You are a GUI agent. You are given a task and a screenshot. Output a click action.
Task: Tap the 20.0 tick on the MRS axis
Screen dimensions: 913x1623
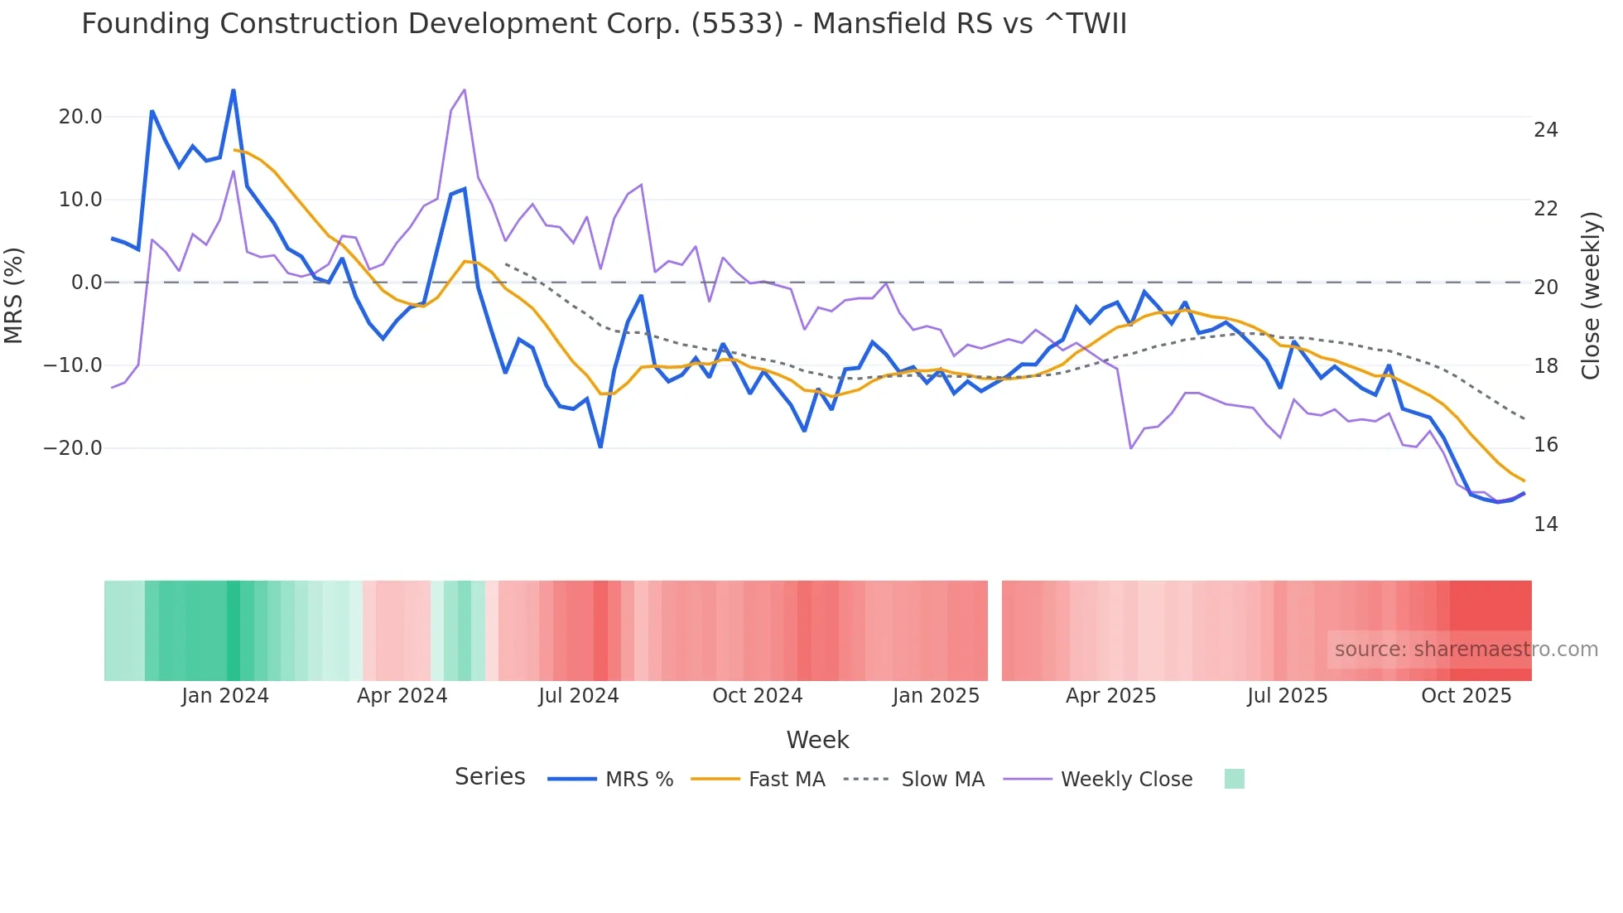(x=80, y=117)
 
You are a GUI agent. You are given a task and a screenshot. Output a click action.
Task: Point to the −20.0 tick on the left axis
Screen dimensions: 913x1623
(x=73, y=448)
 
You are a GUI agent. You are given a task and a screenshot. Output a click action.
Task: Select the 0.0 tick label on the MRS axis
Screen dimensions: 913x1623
(x=86, y=283)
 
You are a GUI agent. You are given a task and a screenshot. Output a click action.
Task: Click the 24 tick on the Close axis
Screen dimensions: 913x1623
(x=1545, y=130)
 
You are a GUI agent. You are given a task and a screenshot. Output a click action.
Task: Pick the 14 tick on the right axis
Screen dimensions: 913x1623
(x=1545, y=524)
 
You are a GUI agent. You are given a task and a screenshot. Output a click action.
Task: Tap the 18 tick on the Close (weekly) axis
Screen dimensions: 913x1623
(x=1545, y=366)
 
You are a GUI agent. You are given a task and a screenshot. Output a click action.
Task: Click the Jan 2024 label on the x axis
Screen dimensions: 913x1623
(x=225, y=696)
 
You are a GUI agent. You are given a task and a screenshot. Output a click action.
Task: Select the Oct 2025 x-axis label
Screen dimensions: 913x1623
(x=1466, y=696)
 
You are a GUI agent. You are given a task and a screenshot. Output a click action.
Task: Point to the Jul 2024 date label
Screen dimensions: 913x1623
(x=578, y=696)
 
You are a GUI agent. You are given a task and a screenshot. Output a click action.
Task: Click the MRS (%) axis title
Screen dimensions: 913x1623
(x=14, y=296)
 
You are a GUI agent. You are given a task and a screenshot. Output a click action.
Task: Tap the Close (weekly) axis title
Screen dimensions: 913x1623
(x=1590, y=296)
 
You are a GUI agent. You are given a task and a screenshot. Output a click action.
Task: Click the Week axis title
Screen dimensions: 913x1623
(x=817, y=740)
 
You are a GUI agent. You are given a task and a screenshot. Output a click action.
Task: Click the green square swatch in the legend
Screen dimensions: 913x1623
(x=1234, y=779)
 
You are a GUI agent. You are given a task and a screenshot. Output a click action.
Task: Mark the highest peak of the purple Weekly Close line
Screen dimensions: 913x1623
(x=464, y=89)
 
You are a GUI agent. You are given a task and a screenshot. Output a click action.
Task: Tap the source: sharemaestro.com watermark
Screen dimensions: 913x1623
(x=1466, y=650)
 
